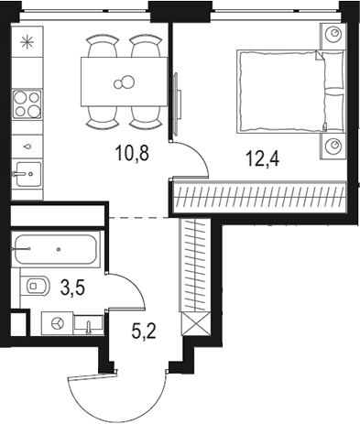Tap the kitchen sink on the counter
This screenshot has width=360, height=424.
coord(27,170)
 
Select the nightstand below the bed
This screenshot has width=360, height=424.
coord(333,146)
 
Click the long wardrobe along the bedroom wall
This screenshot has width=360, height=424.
coord(259,197)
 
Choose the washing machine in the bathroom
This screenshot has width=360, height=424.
coord(58,323)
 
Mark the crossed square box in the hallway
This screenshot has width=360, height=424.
coord(194,324)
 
